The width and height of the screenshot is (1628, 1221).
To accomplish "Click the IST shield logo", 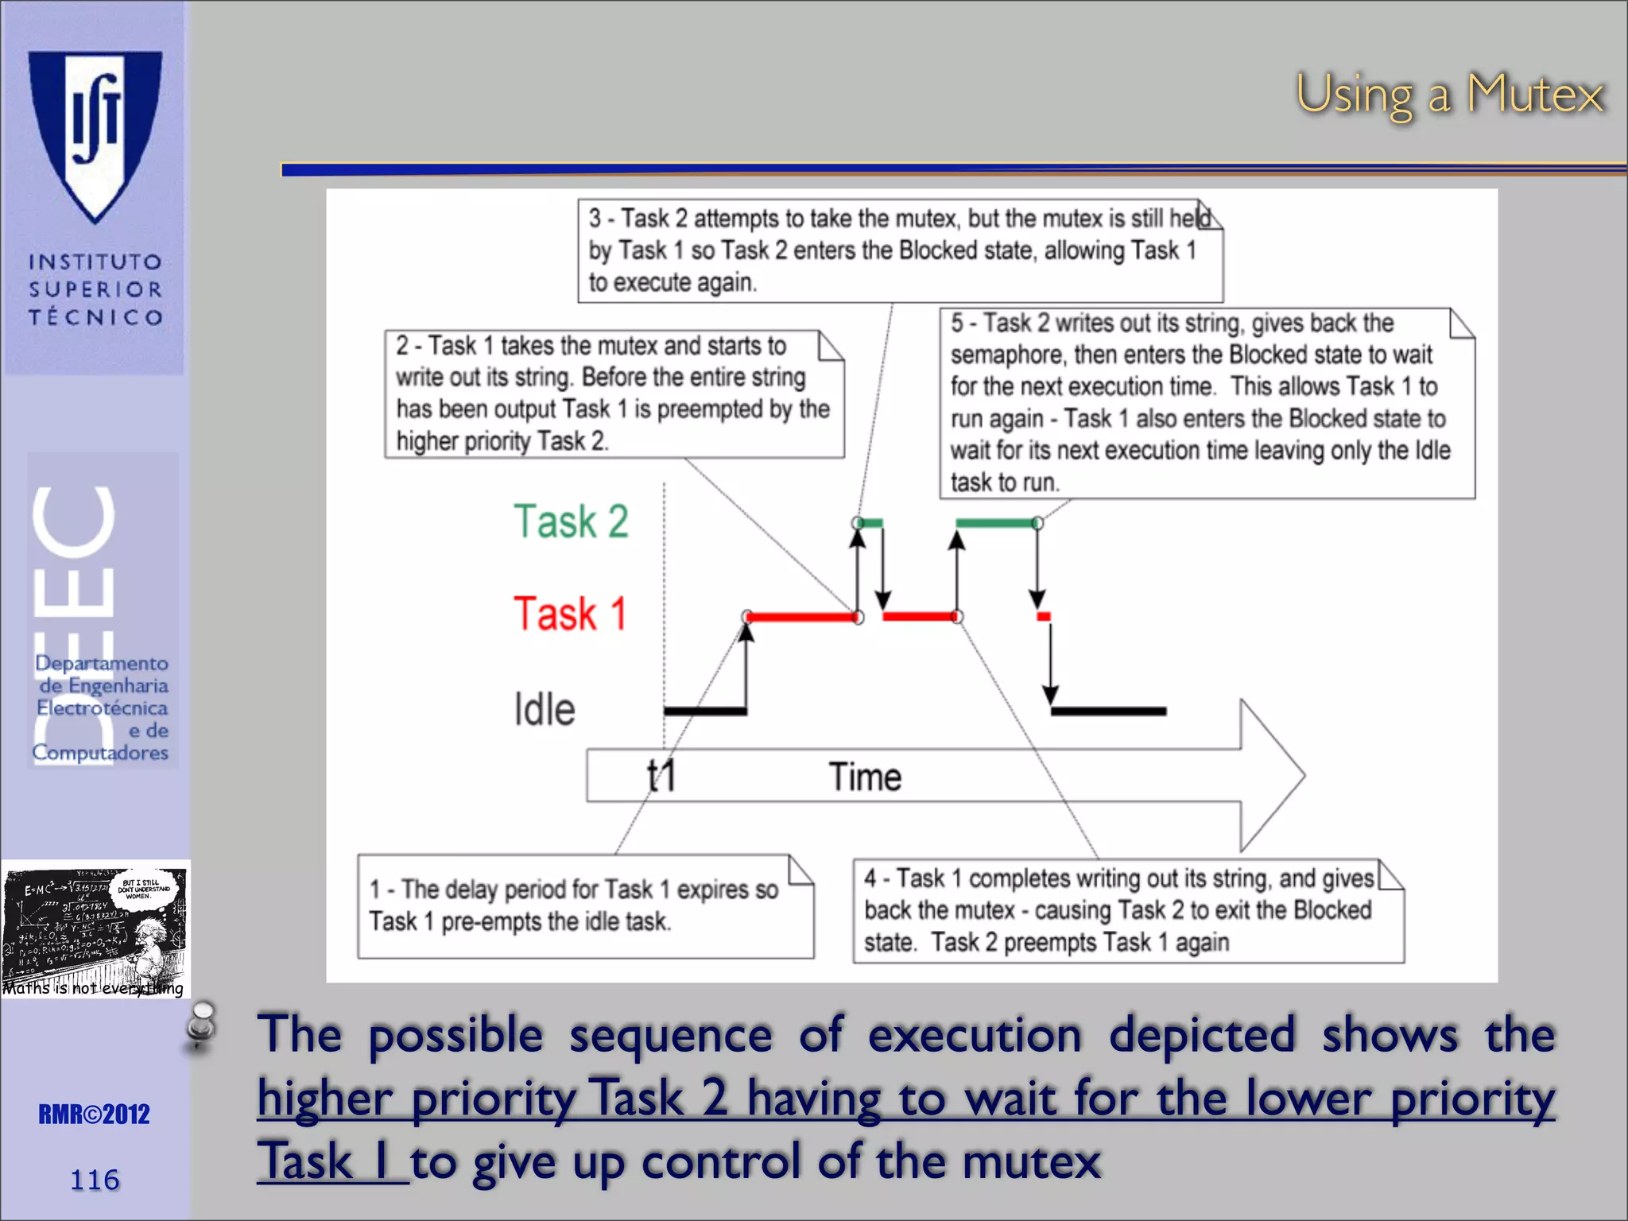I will coord(95,135).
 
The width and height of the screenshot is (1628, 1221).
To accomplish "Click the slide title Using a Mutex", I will coord(1449,95).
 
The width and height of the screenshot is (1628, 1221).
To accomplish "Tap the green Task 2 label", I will coord(571,521).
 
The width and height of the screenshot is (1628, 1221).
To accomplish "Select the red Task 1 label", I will coord(570,614).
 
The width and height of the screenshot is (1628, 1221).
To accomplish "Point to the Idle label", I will coord(545,709).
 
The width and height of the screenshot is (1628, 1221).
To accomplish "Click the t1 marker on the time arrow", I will coord(661,776).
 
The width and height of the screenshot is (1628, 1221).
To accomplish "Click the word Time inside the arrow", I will coord(865,777).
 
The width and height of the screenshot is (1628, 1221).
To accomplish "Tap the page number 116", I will coord(95,1180).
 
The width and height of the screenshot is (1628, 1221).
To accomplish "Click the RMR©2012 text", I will coord(95,1114).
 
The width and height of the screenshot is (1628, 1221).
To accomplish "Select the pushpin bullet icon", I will coord(201,1025).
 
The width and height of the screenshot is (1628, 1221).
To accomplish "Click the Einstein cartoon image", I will coord(95,928).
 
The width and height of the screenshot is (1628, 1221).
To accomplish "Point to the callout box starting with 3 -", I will coord(899,250).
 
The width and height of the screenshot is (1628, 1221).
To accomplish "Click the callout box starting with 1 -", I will coord(585,906).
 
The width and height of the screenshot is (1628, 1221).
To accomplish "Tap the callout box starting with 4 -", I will coord(1127,911).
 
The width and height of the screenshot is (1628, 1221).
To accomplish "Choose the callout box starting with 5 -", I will coord(1206,403).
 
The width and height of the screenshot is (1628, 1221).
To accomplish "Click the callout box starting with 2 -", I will coord(614,393).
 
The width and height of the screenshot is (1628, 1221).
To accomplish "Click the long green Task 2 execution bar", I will coord(997,523).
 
